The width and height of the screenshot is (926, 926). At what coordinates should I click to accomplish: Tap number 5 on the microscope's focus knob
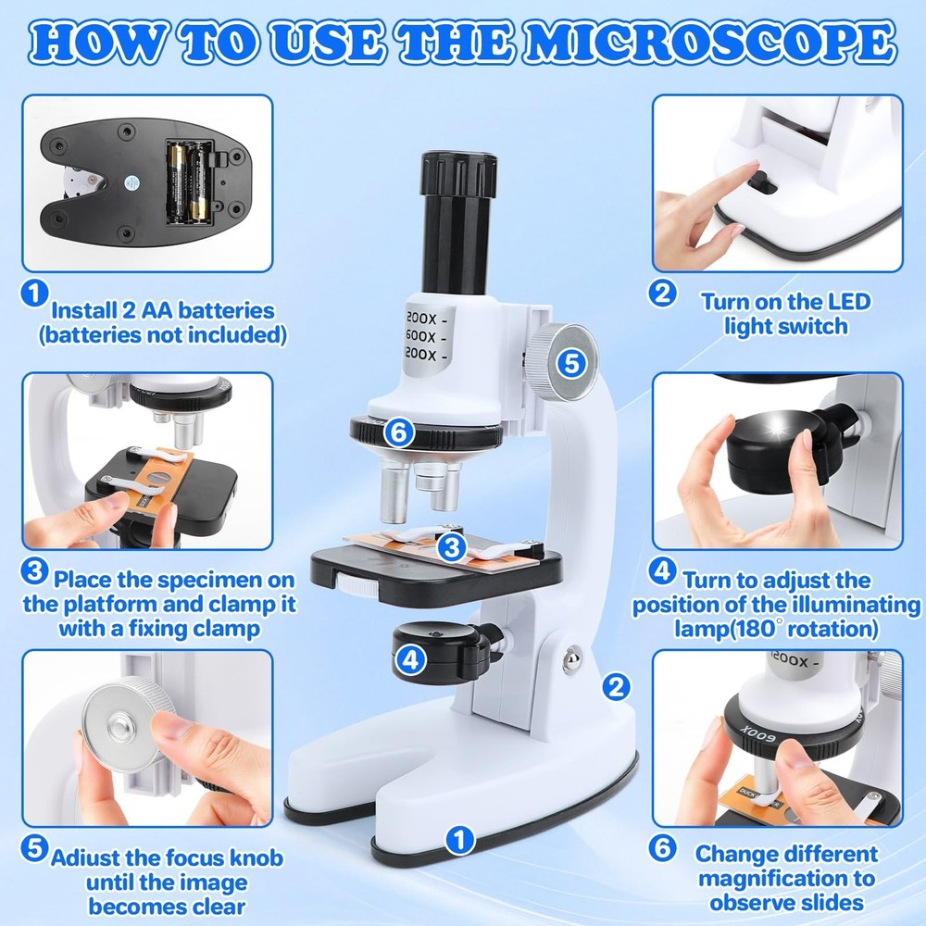click(x=572, y=364)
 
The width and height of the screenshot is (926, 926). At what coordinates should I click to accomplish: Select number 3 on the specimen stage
click(x=451, y=548)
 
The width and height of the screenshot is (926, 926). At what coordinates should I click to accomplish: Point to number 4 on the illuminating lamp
click(x=411, y=659)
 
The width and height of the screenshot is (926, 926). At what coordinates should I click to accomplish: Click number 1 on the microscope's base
click(x=457, y=841)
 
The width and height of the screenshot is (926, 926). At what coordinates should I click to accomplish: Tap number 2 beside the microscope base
click(x=616, y=686)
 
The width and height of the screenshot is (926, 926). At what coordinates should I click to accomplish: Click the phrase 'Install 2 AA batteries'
click(x=163, y=309)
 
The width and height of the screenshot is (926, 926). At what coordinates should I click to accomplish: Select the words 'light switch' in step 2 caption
click(x=786, y=325)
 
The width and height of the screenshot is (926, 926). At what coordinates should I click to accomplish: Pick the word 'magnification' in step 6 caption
click(x=786, y=878)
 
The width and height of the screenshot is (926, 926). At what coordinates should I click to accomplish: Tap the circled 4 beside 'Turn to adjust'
click(x=661, y=571)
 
